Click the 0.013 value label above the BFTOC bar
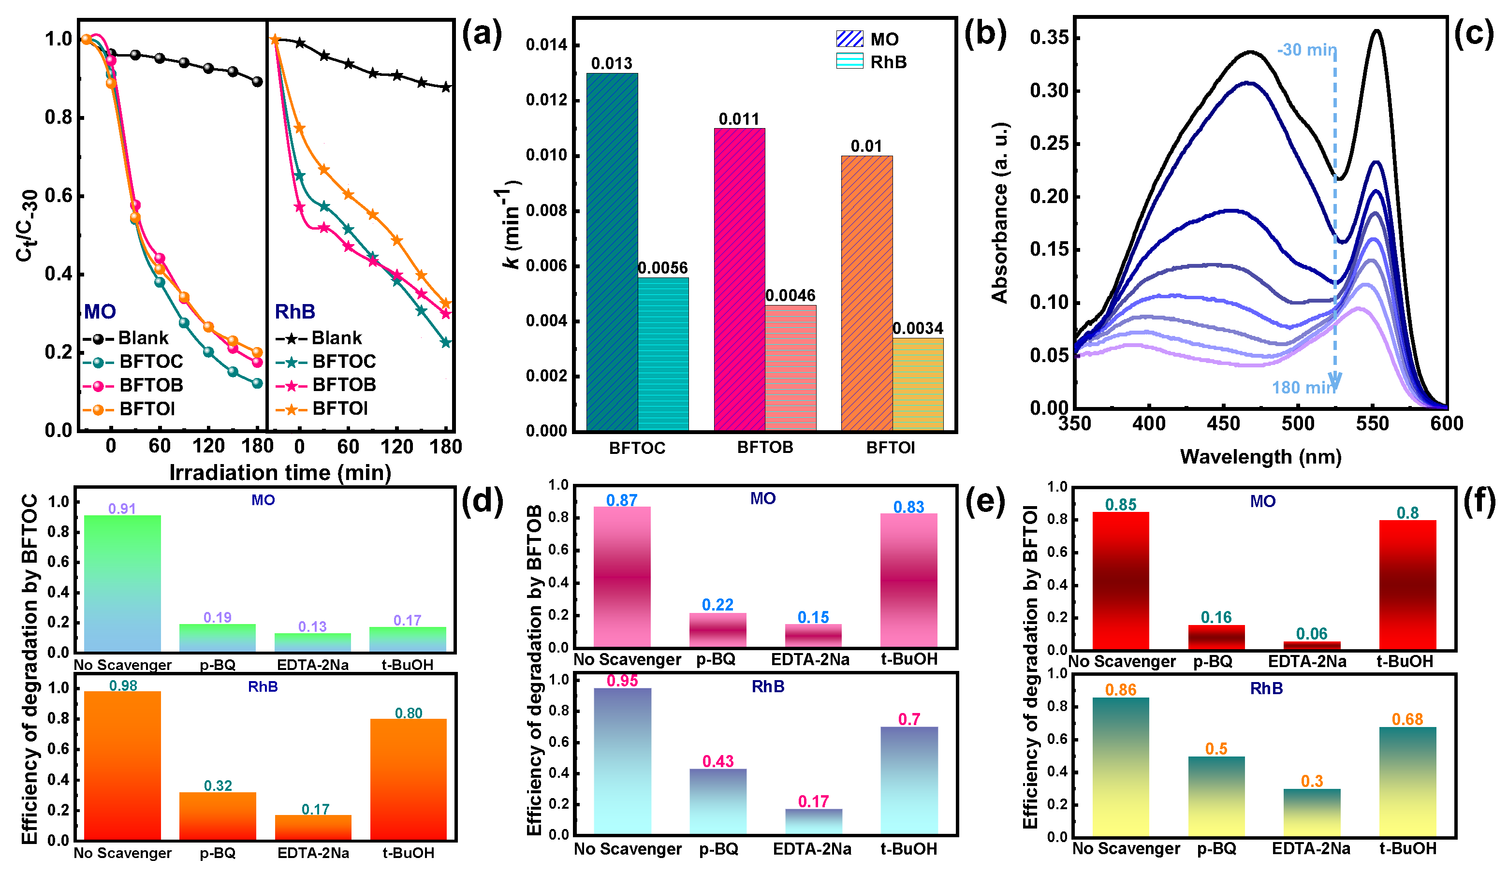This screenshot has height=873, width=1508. (x=611, y=63)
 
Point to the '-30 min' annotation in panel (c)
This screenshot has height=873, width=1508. (x=1306, y=50)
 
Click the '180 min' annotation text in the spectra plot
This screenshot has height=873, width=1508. (x=1303, y=388)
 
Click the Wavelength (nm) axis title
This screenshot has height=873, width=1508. (x=1260, y=457)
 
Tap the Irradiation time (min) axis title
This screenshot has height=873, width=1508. (x=280, y=473)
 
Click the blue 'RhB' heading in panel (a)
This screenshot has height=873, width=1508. (x=294, y=312)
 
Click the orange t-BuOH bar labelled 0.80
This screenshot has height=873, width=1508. (x=408, y=779)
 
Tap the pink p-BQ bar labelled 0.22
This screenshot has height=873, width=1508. (x=717, y=630)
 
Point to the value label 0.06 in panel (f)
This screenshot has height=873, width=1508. (x=1311, y=634)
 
